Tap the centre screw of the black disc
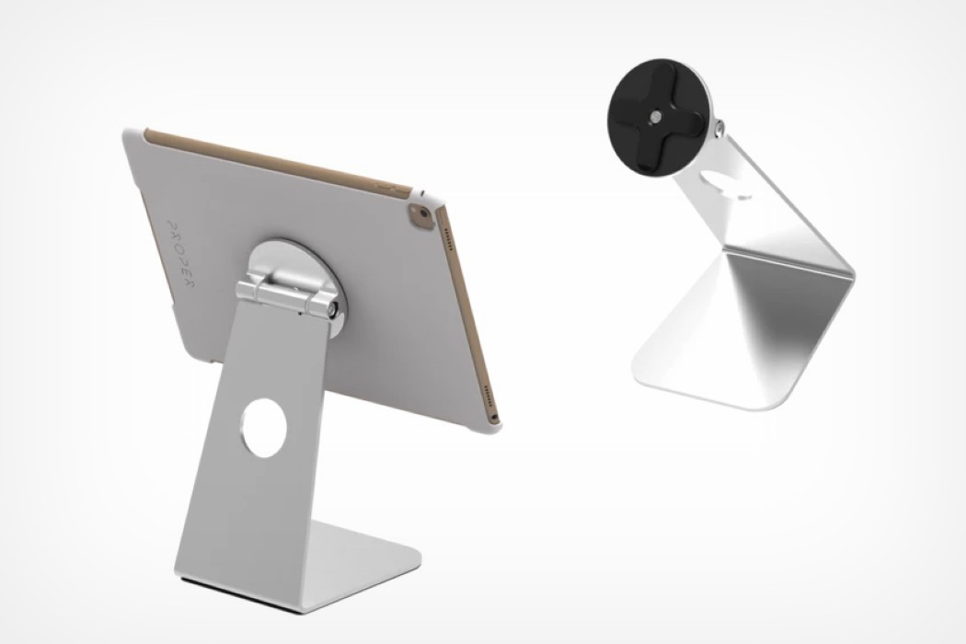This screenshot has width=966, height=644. [654, 117]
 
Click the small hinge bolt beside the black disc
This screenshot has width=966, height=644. [720, 124]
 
